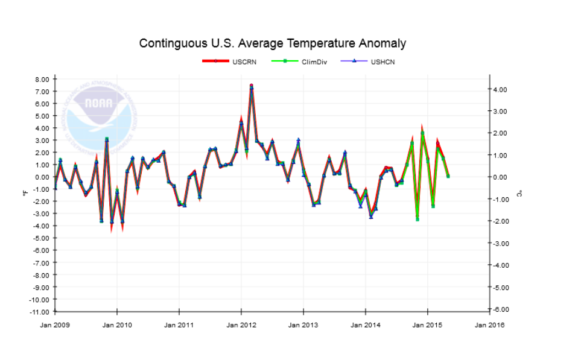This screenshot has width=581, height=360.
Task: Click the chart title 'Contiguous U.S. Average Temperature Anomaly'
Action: [272, 43]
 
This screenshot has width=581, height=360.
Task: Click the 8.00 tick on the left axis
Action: [42, 79]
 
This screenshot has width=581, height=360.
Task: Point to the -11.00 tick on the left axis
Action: [40, 312]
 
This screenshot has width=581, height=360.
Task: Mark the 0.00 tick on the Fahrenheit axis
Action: [42, 177]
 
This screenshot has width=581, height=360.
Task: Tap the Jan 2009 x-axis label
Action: [55, 325]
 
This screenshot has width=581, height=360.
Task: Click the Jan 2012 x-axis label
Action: [241, 325]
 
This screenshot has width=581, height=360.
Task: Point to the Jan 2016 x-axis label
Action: [489, 325]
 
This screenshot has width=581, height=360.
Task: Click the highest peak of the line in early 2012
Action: [251, 86]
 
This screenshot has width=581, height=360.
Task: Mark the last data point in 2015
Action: [448, 176]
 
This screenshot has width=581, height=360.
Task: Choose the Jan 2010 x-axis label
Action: [117, 325]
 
